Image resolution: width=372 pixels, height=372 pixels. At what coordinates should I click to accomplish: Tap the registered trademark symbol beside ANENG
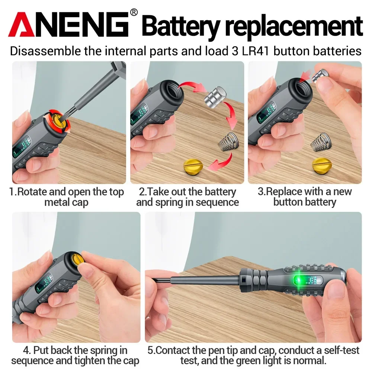pyautogui.click(x=134, y=13)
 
